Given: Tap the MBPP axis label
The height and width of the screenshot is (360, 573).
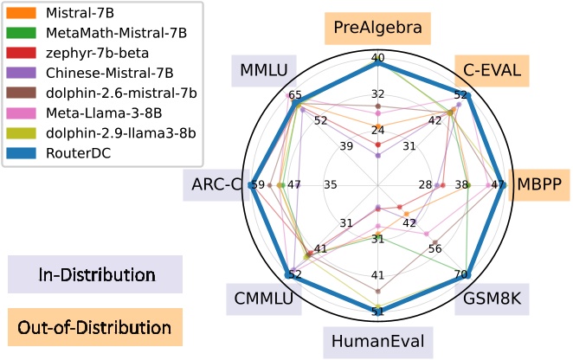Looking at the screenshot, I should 539,184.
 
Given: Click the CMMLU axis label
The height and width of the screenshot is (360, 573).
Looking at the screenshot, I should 262,299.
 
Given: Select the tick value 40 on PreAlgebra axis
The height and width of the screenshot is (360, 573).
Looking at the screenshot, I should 377,58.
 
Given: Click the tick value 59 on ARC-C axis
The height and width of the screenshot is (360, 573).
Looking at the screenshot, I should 257,185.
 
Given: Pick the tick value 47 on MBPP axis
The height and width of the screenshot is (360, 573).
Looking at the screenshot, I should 498,185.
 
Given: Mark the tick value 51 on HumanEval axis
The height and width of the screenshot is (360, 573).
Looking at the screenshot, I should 377,311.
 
